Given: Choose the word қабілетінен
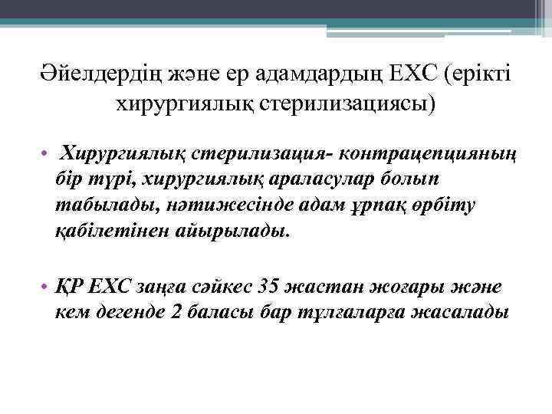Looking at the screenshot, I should [110, 231].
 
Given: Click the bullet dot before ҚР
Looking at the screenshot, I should [47, 288].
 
